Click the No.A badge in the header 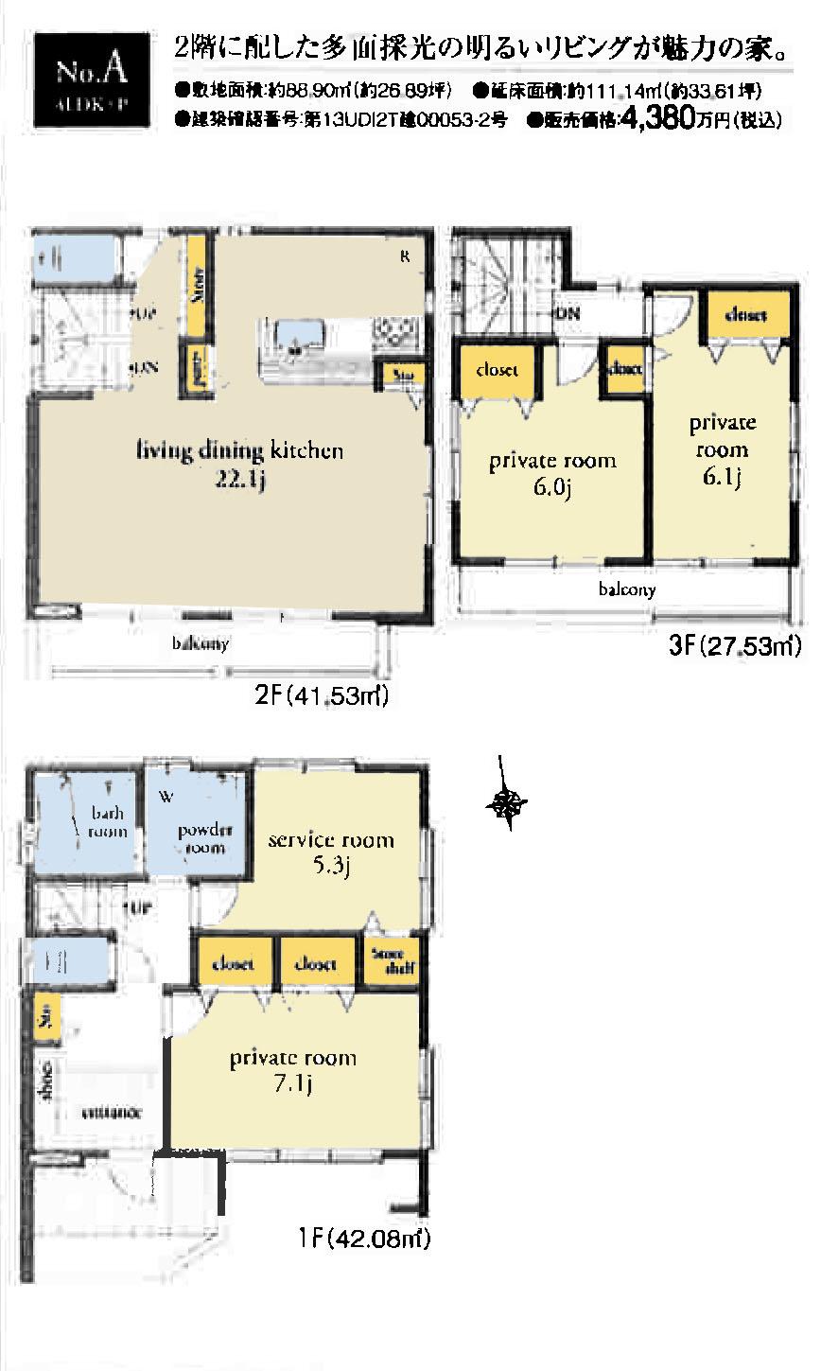pyautogui.click(x=91, y=79)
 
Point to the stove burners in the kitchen pyautogui.click(x=394, y=333)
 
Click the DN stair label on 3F pyautogui.click(x=568, y=313)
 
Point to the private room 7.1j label pyautogui.click(x=293, y=1069)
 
